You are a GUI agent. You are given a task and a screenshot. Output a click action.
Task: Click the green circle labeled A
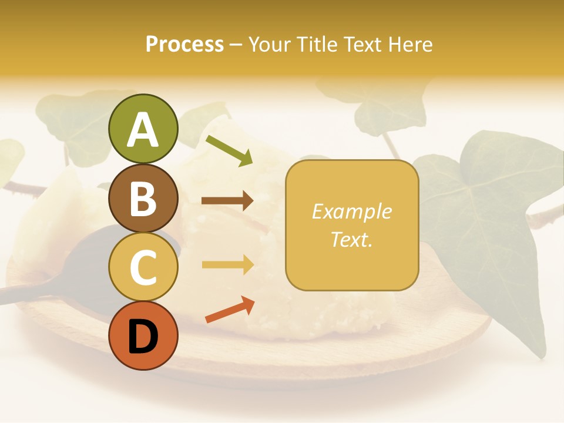(143, 129)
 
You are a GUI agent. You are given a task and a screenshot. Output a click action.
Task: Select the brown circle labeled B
(143, 198)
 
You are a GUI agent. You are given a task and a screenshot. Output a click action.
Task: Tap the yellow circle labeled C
(143, 267)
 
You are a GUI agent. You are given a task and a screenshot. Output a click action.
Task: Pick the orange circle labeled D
(143, 335)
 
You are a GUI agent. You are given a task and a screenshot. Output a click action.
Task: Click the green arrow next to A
(229, 150)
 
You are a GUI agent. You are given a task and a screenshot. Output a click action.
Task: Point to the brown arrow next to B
(227, 201)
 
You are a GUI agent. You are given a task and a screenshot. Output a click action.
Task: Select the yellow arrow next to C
(227, 265)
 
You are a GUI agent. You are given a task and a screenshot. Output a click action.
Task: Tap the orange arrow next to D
(230, 310)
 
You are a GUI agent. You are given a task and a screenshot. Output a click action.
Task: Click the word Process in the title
(184, 44)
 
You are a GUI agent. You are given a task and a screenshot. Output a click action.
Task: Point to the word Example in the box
(351, 211)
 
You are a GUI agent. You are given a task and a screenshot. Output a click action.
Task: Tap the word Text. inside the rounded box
(351, 239)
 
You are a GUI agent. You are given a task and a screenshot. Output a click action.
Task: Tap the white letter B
(143, 199)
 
